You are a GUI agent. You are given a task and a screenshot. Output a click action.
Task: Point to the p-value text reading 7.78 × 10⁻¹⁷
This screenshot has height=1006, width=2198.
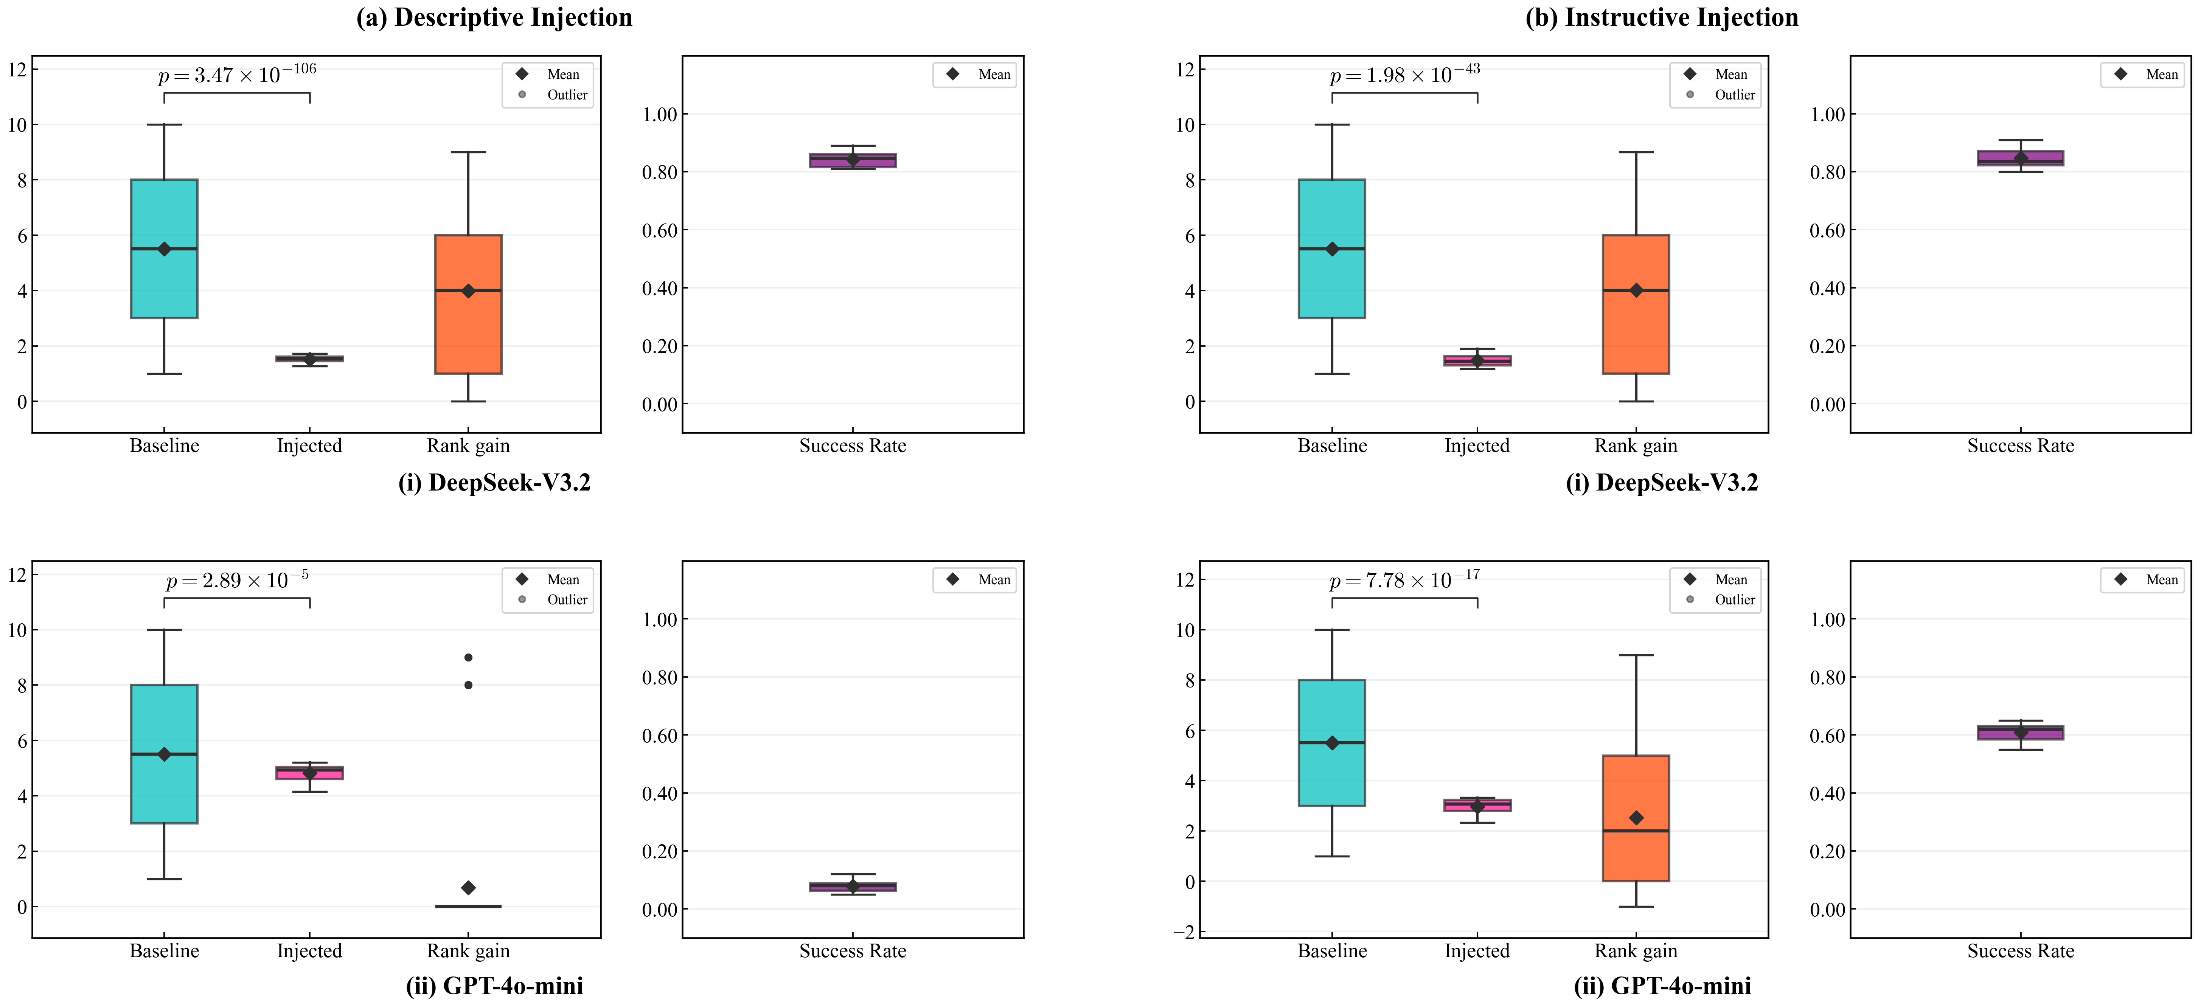(x=1404, y=579)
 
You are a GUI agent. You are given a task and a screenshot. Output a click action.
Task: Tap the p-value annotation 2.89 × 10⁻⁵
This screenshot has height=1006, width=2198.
(x=237, y=579)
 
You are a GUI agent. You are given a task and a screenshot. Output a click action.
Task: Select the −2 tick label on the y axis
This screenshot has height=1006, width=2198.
(x=1184, y=932)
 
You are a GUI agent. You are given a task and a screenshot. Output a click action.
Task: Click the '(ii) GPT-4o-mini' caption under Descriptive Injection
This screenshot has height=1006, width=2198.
(x=494, y=986)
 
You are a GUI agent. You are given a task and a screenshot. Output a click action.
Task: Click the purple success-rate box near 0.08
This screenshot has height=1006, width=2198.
(x=853, y=886)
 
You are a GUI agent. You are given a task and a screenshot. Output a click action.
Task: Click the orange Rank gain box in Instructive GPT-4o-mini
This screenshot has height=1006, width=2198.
(x=1636, y=817)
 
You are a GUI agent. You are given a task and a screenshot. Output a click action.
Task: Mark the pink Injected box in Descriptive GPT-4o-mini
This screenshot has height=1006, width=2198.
(x=309, y=772)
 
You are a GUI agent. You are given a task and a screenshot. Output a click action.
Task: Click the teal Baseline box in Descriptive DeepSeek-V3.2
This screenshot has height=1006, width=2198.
(x=164, y=248)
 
